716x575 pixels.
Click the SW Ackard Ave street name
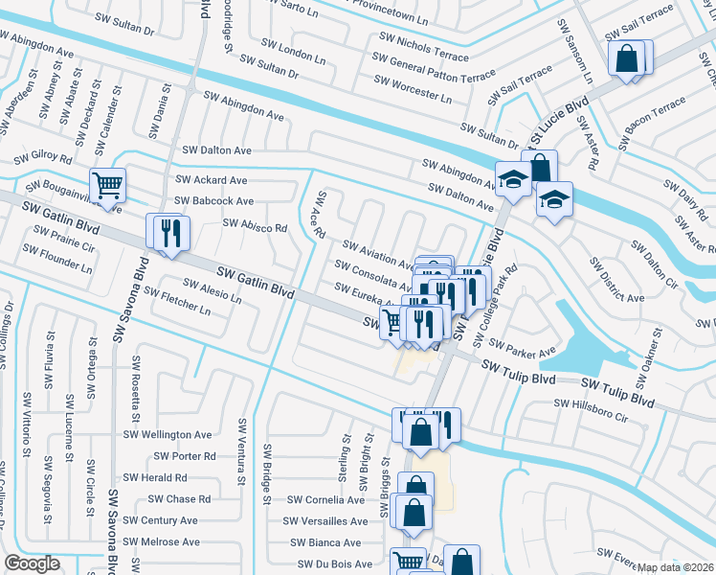211,180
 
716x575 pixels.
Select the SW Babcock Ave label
213,201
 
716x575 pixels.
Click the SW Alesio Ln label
213,291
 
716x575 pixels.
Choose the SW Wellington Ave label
168,434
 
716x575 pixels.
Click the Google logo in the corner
33,563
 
